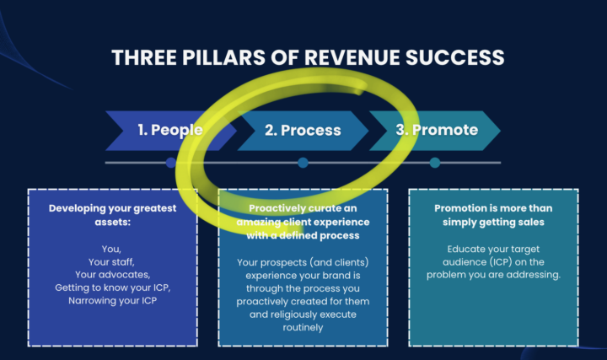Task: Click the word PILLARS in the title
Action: pyautogui.click(x=216, y=57)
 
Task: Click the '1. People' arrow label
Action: pyautogui.click(x=170, y=130)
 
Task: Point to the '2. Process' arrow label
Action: pyautogui.click(x=303, y=130)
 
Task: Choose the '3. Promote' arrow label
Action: pyautogui.click(x=436, y=130)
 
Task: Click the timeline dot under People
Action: pyautogui.click(x=171, y=163)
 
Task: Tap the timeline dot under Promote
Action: pyautogui.click(x=435, y=163)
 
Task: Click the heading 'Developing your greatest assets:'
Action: pyautogui.click(x=113, y=214)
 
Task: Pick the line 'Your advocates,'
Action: pyautogui.click(x=113, y=275)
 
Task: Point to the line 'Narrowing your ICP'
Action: pyautogui.click(x=113, y=300)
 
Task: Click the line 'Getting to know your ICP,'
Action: pyautogui.click(x=113, y=287)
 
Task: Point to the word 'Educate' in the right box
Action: pyautogui.click(x=470, y=250)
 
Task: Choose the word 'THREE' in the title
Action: pyautogui.click(x=141, y=57)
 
